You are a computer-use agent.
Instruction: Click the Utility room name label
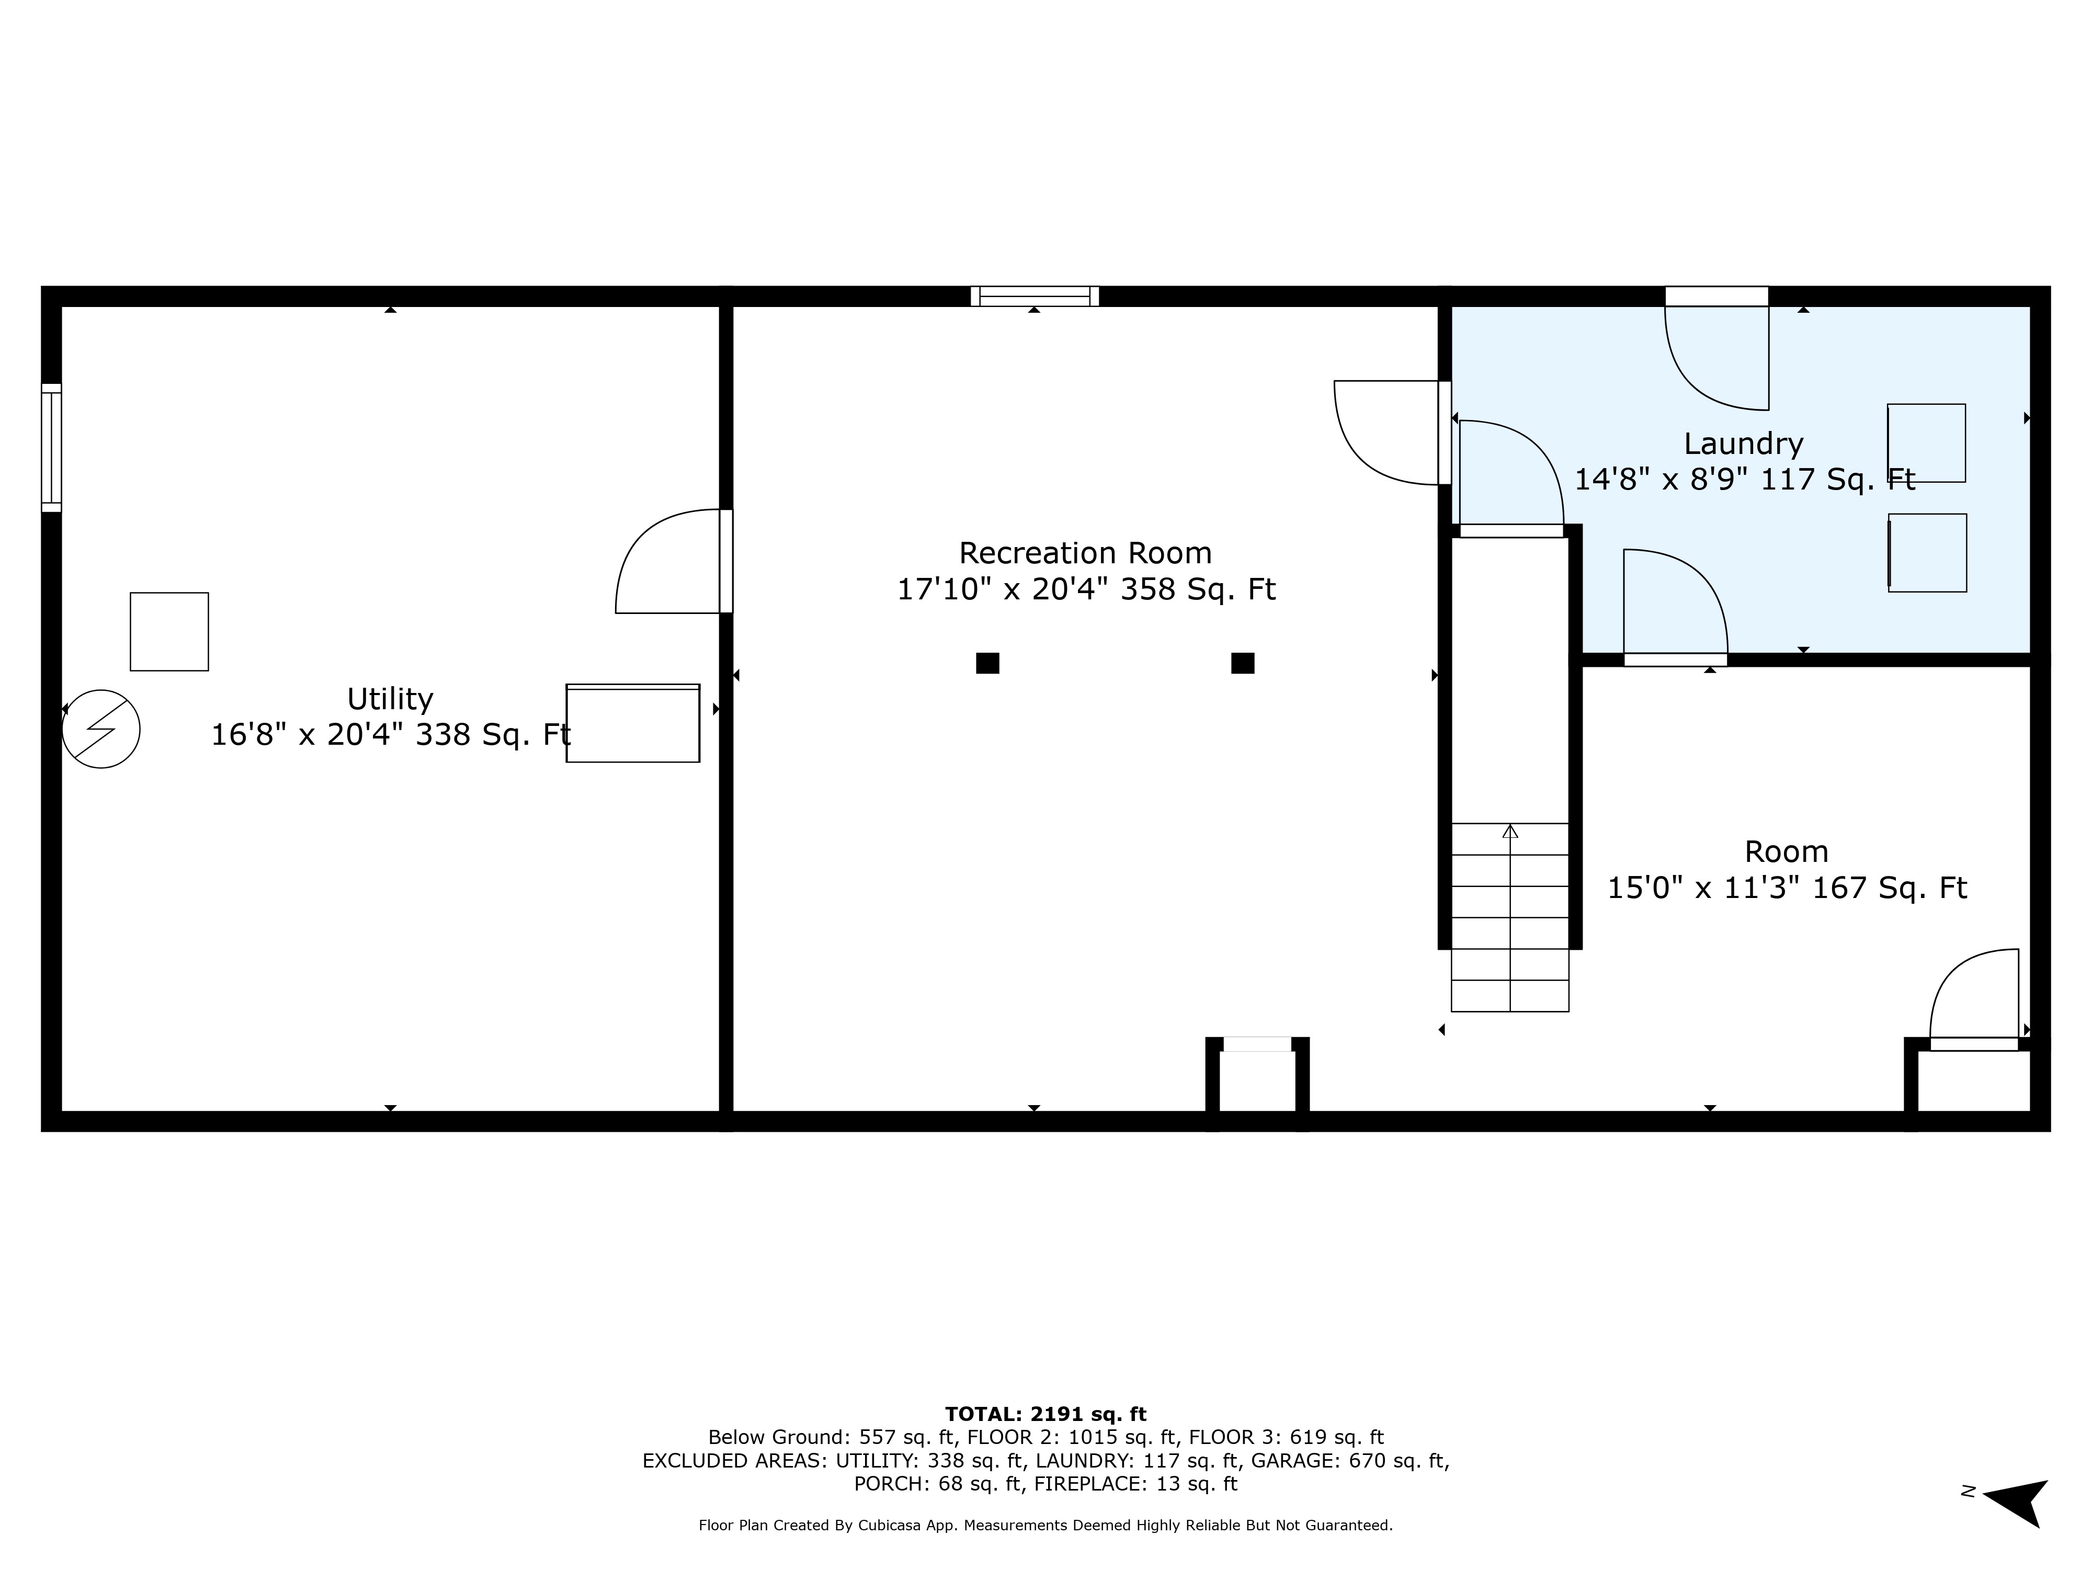390,699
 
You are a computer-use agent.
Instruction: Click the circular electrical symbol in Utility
101,728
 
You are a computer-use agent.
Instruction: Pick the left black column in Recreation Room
987,663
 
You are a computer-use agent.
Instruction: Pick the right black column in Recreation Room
1243,663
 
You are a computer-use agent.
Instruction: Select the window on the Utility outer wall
51,447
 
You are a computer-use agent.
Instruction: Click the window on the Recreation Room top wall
1034,296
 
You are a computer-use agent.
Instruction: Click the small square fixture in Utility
169,632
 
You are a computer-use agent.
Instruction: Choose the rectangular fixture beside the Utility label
633,723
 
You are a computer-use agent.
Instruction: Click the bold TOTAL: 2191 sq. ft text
1046,1414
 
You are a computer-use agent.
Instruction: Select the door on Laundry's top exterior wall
1716,348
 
